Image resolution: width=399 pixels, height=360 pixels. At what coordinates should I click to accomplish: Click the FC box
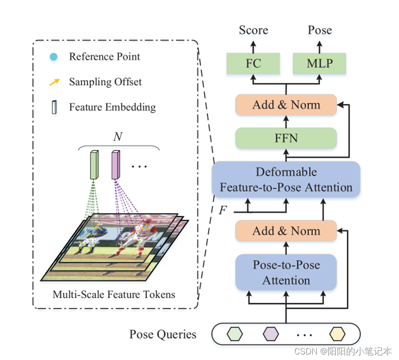[253, 63]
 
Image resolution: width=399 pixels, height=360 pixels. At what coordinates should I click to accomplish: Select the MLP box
[319, 63]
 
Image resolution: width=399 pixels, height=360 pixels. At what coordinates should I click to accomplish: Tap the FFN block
[286, 138]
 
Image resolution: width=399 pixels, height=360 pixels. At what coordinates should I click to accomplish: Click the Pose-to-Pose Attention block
[286, 272]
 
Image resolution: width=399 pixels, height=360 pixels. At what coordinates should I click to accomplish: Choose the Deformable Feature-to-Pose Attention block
[286, 180]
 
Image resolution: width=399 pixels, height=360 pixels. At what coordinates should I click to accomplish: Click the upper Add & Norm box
[286, 105]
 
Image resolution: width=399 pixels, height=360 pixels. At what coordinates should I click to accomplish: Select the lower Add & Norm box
[286, 231]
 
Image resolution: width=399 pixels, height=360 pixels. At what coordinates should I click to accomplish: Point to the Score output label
[253, 30]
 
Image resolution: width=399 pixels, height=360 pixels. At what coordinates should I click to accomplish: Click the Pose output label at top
[320, 30]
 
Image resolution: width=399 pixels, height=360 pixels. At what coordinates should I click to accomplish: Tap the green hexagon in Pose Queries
[234, 334]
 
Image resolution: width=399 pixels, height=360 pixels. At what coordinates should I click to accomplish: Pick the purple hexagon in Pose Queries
[270, 334]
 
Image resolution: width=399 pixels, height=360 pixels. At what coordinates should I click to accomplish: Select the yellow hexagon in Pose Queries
[337, 334]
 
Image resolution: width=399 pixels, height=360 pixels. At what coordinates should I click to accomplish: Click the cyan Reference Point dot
[54, 57]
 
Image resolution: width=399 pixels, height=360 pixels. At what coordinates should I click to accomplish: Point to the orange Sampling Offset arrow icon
[54, 83]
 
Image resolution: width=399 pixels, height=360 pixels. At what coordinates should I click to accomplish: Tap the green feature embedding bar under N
[95, 165]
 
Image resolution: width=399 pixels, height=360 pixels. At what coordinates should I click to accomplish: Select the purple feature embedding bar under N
[116, 165]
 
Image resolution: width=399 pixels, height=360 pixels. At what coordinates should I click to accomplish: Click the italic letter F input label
[223, 210]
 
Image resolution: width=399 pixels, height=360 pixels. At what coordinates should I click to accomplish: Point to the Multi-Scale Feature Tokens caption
[114, 294]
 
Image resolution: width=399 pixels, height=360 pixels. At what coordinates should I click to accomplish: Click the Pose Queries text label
[163, 334]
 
